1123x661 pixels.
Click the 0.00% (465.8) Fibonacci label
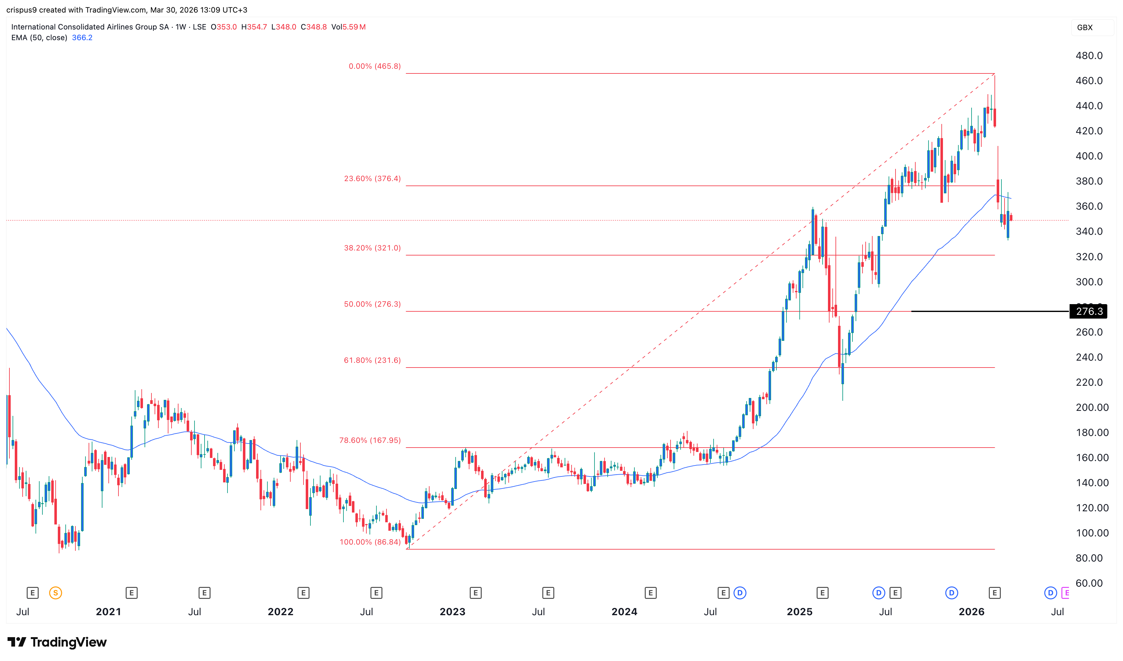(x=375, y=66)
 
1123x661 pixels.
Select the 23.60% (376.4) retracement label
(x=372, y=179)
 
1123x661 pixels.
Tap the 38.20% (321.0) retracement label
(x=372, y=248)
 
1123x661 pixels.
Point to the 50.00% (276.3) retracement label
(x=372, y=304)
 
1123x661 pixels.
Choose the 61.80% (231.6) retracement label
(x=372, y=360)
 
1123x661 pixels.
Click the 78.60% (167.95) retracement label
(x=370, y=441)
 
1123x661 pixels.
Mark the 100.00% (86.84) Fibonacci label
(x=370, y=542)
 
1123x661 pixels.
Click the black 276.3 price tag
(x=1089, y=311)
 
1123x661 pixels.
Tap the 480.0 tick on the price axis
(x=1089, y=56)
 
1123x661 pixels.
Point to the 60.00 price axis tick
(x=1089, y=583)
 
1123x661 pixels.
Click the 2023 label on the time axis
(x=452, y=611)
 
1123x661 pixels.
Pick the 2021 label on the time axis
(x=108, y=611)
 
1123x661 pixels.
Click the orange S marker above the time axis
(x=55, y=593)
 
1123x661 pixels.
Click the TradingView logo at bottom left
(x=57, y=642)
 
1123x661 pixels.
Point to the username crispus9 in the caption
(x=21, y=10)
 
